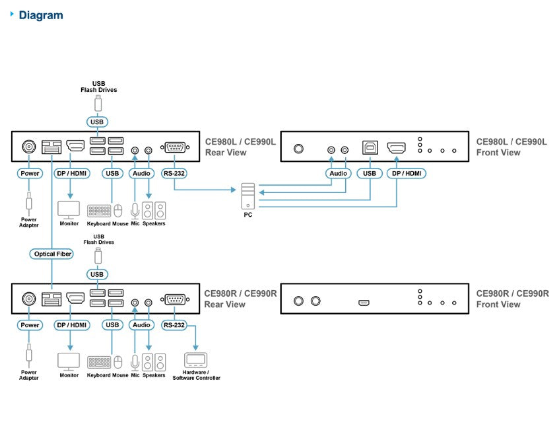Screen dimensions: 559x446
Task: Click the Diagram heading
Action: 41,15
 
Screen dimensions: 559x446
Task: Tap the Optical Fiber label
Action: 51,254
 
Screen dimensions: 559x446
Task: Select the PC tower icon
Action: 247,196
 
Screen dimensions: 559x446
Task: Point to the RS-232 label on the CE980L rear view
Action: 174,173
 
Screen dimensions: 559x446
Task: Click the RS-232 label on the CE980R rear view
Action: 174,325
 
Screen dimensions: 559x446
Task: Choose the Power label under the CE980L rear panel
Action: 30,173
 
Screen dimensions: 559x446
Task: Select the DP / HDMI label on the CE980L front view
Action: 407,173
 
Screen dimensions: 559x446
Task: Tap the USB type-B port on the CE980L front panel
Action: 370,147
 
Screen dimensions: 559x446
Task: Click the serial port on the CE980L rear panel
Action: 175,147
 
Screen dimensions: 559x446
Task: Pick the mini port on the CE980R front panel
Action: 364,303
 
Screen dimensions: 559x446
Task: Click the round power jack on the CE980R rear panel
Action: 29,299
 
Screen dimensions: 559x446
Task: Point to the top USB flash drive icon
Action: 98,104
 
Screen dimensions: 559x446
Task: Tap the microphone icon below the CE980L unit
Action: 135,211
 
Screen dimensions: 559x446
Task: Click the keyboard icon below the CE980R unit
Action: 99,362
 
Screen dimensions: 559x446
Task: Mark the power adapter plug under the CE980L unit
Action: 29,202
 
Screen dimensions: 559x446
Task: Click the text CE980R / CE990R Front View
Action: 512,299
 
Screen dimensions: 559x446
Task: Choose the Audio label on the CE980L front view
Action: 339,173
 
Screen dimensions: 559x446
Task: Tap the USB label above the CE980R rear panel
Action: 97,274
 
